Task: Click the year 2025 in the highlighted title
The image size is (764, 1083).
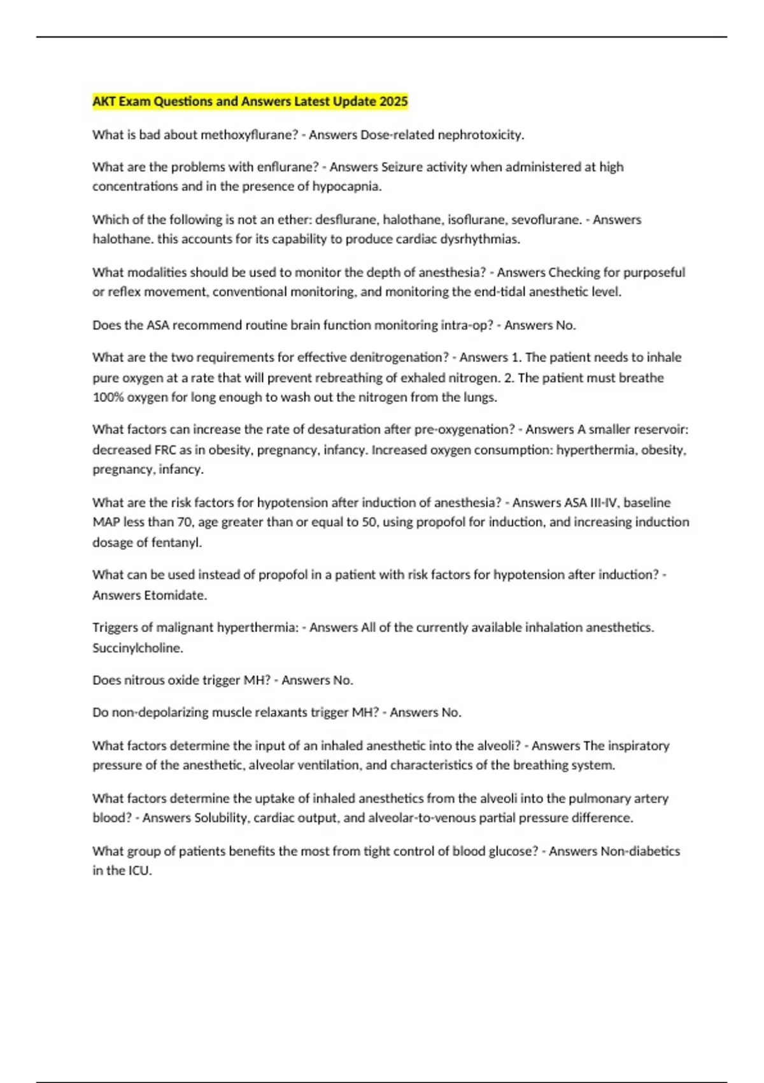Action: point(393,101)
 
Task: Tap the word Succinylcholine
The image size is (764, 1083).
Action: point(138,648)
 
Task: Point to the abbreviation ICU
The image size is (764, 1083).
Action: point(139,871)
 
